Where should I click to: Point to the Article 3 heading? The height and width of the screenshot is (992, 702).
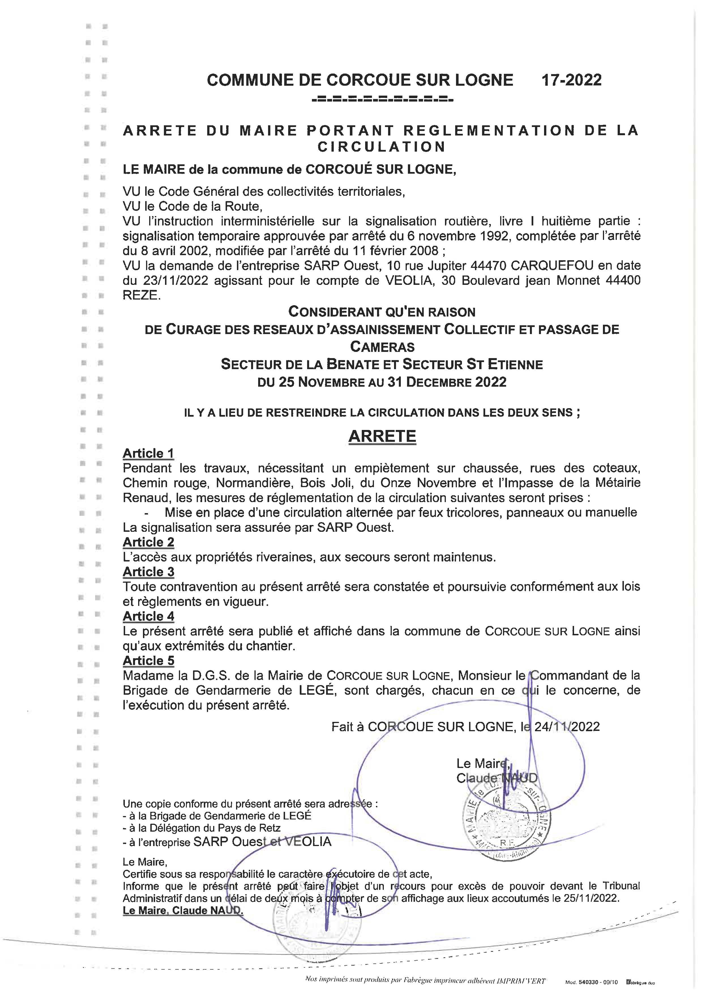pos(148,572)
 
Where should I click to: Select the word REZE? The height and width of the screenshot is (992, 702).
pos(141,296)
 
